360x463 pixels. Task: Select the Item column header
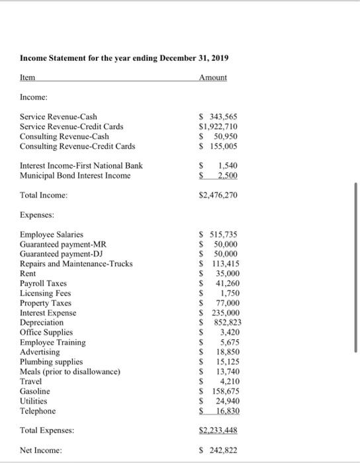[28, 77]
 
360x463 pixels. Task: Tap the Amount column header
[212, 77]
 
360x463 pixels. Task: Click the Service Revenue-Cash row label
[59, 116]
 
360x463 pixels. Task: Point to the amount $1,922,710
[218, 126]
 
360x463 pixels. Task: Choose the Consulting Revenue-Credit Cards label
[77, 146]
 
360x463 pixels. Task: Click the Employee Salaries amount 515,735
[222, 234]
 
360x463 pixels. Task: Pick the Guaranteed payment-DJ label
[64, 254]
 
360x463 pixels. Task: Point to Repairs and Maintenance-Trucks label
[76, 264]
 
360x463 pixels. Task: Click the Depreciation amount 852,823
[222, 322]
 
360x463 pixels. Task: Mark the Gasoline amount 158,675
[222, 391]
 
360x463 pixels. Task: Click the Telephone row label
[38, 411]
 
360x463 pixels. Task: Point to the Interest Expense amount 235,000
[222, 313]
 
